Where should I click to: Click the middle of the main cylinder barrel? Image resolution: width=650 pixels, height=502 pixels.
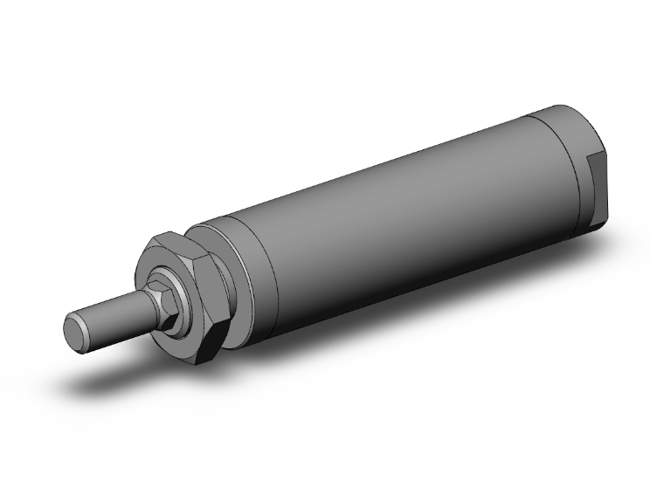pyautogui.click(x=402, y=218)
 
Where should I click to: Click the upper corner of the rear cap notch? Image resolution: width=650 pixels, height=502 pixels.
pyautogui.click(x=594, y=155)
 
